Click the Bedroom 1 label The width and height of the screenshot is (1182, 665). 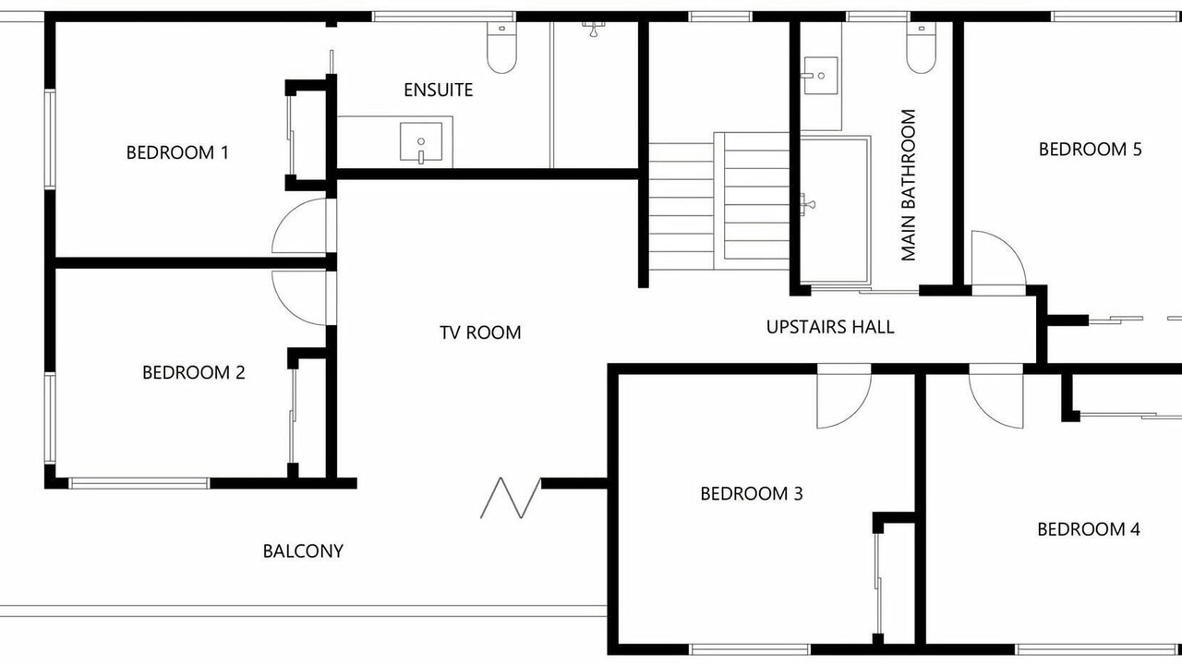point(177,152)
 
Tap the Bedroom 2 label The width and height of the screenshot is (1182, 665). point(194,372)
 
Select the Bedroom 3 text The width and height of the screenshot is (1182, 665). point(752,493)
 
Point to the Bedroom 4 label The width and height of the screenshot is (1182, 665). point(1089,529)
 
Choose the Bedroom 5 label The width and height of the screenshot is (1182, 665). point(1091,150)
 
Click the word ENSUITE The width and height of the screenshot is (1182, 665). point(439,91)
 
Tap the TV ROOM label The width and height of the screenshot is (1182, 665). point(480,332)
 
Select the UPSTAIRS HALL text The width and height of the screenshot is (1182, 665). point(830,327)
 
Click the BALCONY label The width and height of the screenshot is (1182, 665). point(303,551)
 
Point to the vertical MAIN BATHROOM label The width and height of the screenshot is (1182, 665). point(908,185)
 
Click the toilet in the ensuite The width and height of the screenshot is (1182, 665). point(501,47)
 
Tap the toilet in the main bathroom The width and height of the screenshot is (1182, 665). point(922,47)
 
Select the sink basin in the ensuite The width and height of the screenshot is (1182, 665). point(420,141)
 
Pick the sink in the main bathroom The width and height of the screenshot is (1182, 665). point(820,76)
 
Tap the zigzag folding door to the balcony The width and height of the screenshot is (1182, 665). point(511,498)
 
